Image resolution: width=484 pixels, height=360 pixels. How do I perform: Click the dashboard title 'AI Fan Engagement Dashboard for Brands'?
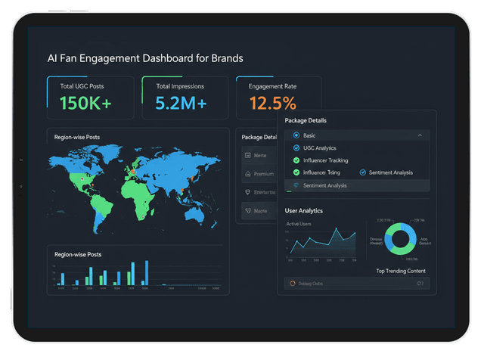click(x=145, y=58)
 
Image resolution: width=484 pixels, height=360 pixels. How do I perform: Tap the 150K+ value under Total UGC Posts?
click(x=85, y=104)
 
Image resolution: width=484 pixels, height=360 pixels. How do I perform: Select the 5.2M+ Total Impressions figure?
click(x=181, y=104)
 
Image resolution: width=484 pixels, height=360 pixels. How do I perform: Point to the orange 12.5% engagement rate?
click(x=272, y=104)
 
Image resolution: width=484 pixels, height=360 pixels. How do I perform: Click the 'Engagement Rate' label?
click(x=271, y=86)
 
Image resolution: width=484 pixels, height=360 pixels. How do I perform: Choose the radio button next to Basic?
click(x=296, y=135)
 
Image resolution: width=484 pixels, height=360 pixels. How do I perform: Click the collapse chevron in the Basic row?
click(x=420, y=135)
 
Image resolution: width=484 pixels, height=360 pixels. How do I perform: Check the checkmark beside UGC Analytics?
click(x=296, y=147)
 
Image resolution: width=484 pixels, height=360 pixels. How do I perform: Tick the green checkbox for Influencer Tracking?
click(x=296, y=160)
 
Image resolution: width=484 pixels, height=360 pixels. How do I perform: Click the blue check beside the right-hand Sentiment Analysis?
click(x=363, y=172)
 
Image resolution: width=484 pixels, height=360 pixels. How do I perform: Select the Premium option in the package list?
click(x=264, y=174)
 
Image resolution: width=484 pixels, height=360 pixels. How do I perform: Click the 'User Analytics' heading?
click(x=303, y=211)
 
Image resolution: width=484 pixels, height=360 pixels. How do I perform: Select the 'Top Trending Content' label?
click(x=400, y=271)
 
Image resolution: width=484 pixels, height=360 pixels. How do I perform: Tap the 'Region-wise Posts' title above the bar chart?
click(x=78, y=254)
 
